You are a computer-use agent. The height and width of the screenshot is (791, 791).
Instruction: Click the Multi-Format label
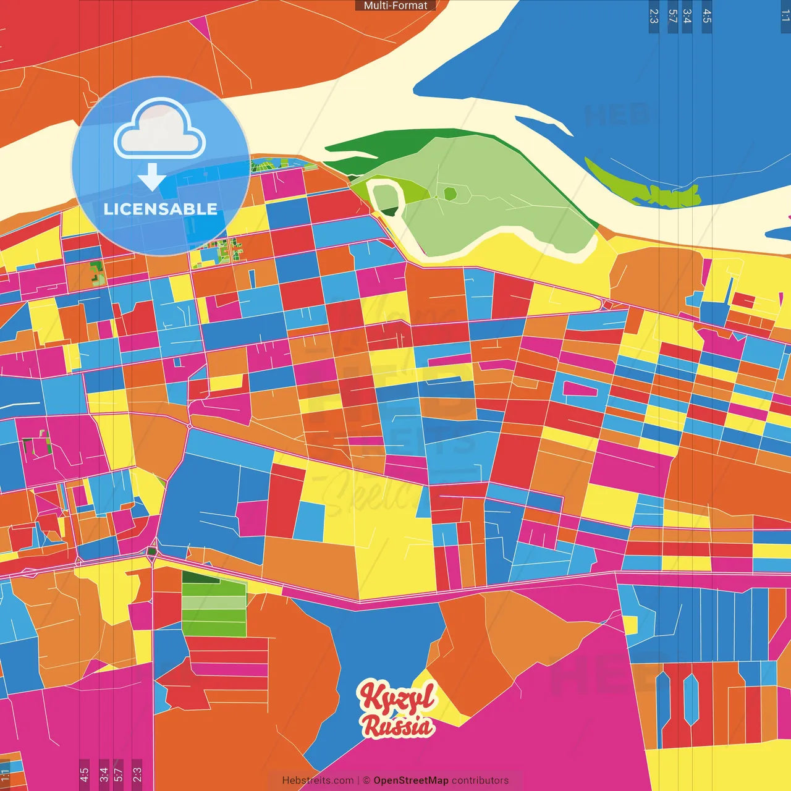pos(395,6)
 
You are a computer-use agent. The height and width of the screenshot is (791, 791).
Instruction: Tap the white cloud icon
pos(160,132)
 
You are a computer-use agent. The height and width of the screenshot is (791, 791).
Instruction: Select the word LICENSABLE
pos(161,209)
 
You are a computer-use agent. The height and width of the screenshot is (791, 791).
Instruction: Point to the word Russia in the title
pos(397,726)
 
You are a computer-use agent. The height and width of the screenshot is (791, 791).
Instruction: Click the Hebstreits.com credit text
pos(318,780)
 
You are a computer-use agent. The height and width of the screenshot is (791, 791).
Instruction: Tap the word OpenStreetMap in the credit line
pos(411,780)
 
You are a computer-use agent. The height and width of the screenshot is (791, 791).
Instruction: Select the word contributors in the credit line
pos(480,780)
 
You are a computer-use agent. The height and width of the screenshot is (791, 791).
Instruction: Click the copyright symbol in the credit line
pos(366,780)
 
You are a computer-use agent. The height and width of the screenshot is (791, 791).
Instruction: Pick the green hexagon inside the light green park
pos(450,194)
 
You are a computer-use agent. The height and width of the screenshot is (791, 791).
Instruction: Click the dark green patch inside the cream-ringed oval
pos(389,211)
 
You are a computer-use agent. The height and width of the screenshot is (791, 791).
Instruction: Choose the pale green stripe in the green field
pos(214,603)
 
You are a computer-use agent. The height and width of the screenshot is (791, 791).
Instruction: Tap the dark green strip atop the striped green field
pos(200,577)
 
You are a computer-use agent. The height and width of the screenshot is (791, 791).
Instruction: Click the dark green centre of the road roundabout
pos(151,551)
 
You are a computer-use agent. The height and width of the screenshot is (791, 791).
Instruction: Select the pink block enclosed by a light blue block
pos(580,389)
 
